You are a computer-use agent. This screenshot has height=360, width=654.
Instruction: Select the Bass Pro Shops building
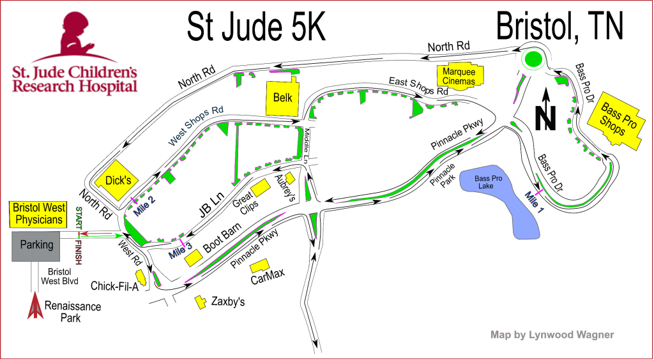(x=620, y=125)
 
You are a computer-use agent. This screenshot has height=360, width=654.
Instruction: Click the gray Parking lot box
(x=37, y=246)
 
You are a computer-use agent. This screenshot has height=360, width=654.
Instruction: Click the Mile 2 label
(x=144, y=206)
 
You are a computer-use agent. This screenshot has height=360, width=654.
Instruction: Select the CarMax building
(x=259, y=266)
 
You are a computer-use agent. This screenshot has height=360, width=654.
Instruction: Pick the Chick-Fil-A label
(x=116, y=285)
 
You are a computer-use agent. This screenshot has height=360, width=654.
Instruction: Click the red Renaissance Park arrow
(x=34, y=306)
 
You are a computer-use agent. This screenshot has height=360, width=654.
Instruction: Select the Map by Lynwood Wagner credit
(x=552, y=334)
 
